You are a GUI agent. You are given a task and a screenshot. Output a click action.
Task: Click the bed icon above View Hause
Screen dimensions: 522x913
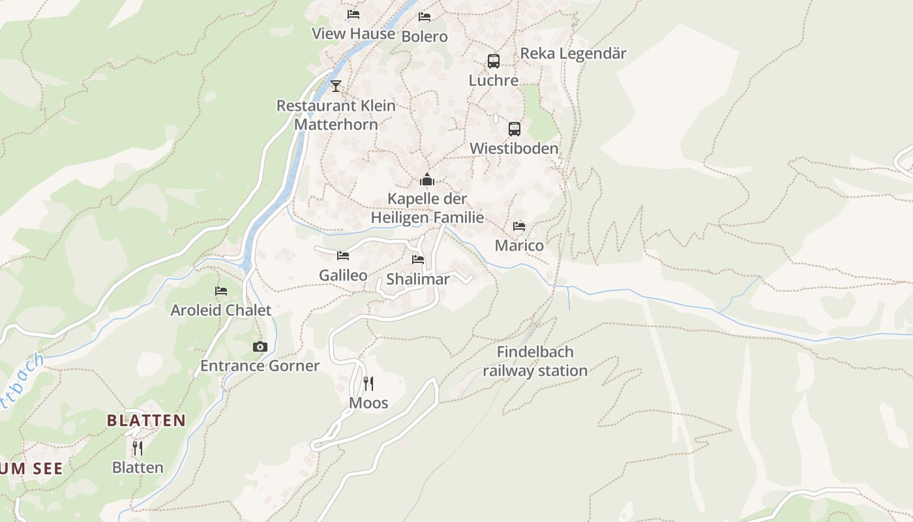coord(353,14)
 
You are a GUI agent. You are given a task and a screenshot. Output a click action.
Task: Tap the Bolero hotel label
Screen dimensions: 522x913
coord(425,37)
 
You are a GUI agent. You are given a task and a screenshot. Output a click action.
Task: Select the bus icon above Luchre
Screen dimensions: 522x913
coord(494,61)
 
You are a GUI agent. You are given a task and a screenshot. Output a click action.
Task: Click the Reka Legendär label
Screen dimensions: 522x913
coord(573,54)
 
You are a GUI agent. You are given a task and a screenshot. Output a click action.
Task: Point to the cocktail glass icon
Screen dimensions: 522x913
coord(336,85)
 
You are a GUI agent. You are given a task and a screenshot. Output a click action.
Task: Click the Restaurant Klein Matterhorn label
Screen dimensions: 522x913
coord(336,115)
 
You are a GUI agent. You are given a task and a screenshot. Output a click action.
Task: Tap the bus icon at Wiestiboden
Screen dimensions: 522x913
coord(515,129)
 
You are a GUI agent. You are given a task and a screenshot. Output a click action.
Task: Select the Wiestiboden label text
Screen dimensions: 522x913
coord(514,149)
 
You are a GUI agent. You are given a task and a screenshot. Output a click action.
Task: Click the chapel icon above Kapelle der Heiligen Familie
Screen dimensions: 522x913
coord(427,179)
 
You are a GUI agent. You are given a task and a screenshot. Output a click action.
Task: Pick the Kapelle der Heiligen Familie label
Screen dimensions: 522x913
coord(427,208)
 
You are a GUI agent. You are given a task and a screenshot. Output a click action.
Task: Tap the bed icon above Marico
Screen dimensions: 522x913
coord(519,226)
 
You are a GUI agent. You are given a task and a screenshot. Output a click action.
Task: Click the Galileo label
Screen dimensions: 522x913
coord(343,275)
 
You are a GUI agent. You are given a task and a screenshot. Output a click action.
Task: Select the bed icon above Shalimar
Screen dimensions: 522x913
coord(418,260)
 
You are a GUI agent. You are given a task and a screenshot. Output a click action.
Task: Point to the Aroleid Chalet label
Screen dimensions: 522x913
coord(220,311)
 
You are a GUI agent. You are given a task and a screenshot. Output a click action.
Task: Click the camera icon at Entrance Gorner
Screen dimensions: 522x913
coord(260,346)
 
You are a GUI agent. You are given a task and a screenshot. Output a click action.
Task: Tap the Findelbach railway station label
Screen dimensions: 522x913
coord(535,361)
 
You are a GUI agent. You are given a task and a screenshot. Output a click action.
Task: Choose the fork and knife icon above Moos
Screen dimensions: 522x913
coord(368,383)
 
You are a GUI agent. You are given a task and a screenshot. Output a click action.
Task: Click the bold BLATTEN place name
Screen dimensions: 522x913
coord(147,421)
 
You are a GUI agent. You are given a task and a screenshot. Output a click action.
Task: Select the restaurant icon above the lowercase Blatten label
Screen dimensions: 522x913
coord(138,448)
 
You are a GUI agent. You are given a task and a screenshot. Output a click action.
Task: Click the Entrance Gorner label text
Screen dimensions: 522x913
coord(260,366)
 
